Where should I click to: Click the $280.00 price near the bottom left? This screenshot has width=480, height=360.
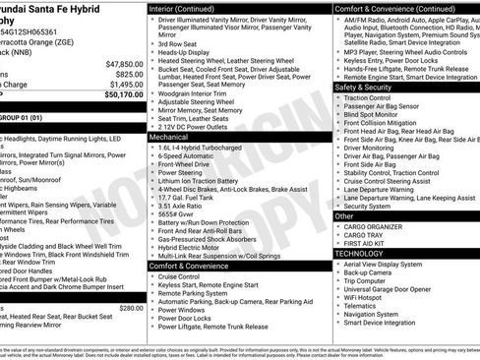pos(130,308)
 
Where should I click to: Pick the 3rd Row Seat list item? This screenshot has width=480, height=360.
pos(178,44)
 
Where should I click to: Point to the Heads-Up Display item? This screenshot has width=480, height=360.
pos(187,53)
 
